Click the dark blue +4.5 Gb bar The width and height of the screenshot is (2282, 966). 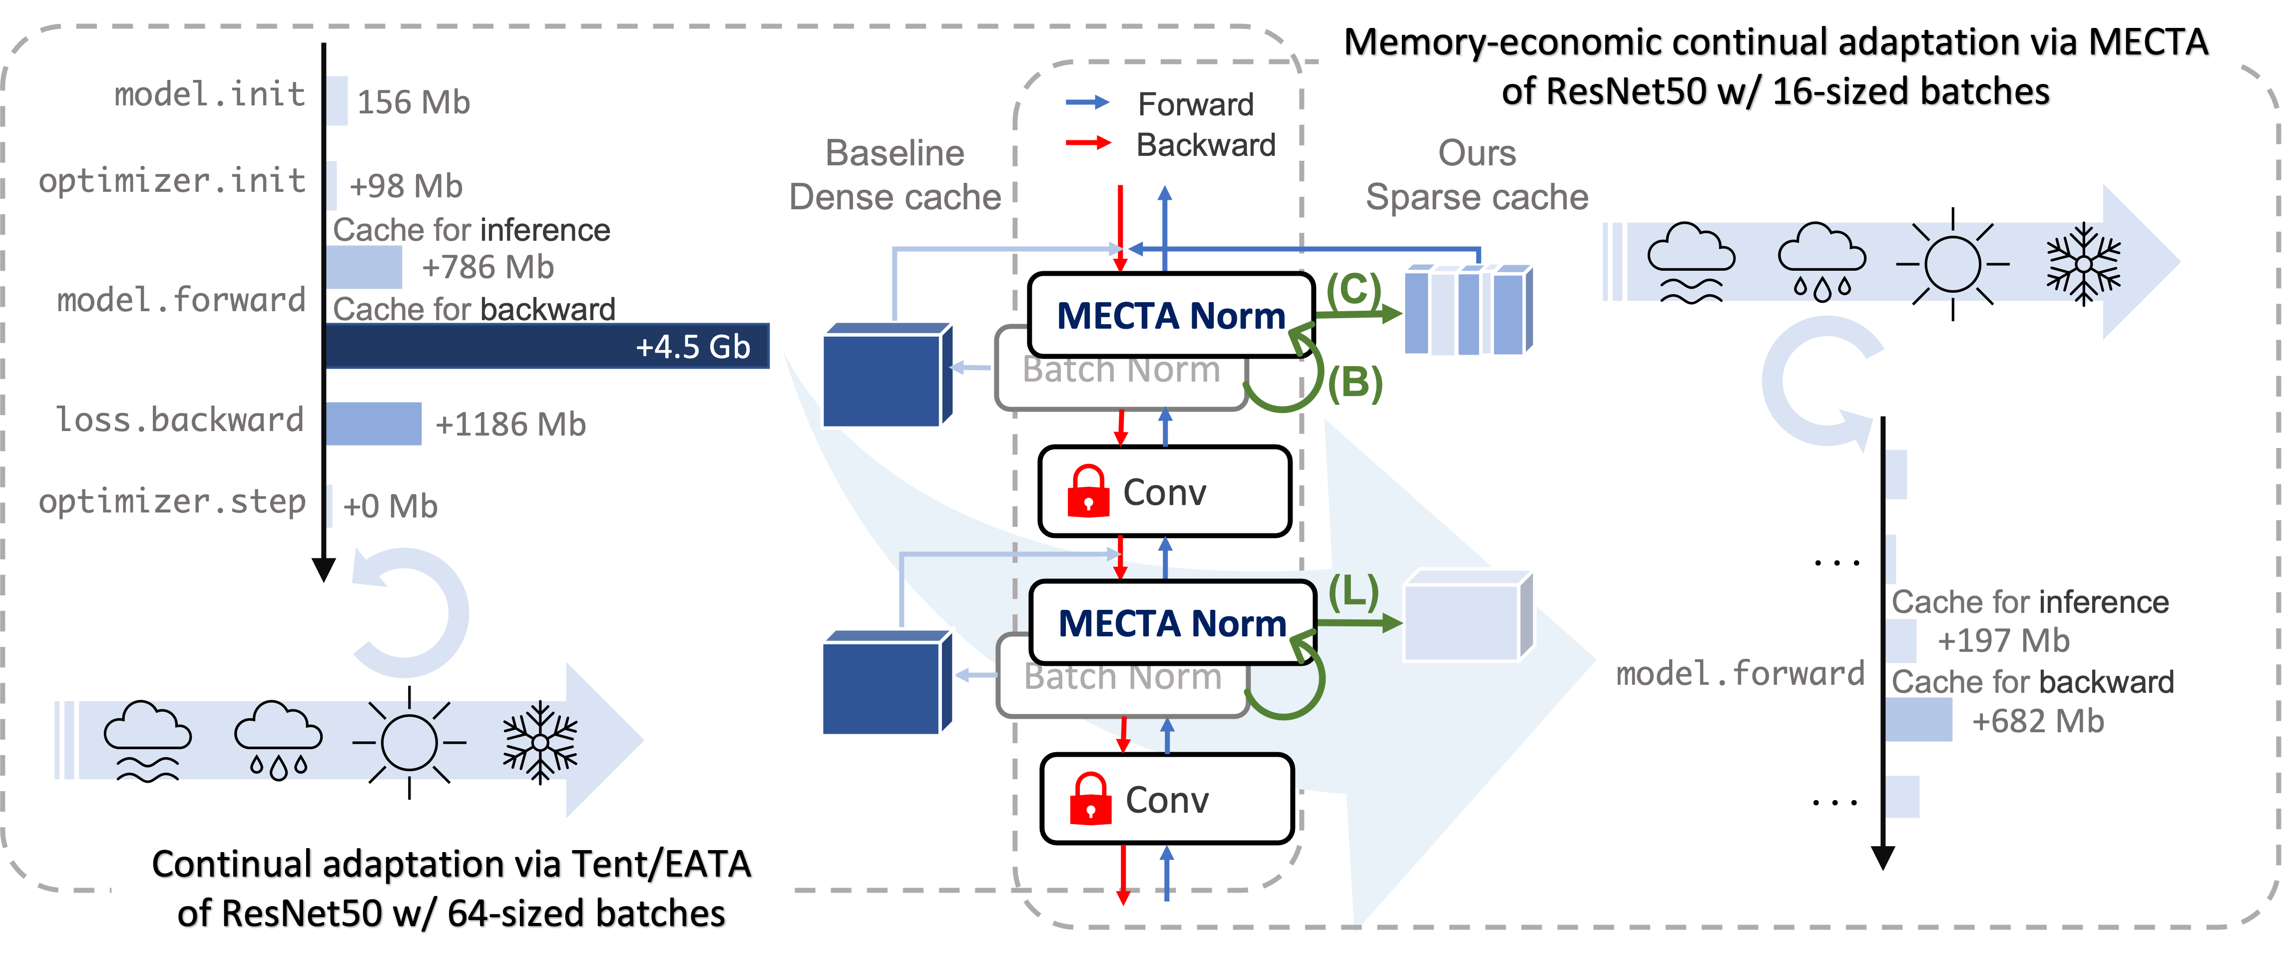[x=546, y=346]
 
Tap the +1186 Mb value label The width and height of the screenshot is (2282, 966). [x=510, y=425]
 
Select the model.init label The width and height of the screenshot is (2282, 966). [x=209, y=94]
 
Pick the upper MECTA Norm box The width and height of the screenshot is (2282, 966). [x=1170, y=316]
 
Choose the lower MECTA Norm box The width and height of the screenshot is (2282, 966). [x=1172, y=623]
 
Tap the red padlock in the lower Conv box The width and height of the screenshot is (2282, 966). [x=1090, y=799]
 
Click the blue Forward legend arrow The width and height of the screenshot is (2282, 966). [x=1088, y=103]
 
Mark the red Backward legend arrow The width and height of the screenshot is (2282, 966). [x=1088, y=143]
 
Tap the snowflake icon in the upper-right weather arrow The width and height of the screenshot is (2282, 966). [x=2084, y=263]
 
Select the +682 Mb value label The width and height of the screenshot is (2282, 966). [x=2037, y=721]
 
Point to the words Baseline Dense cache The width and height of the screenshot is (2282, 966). [x=895, y=175]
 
